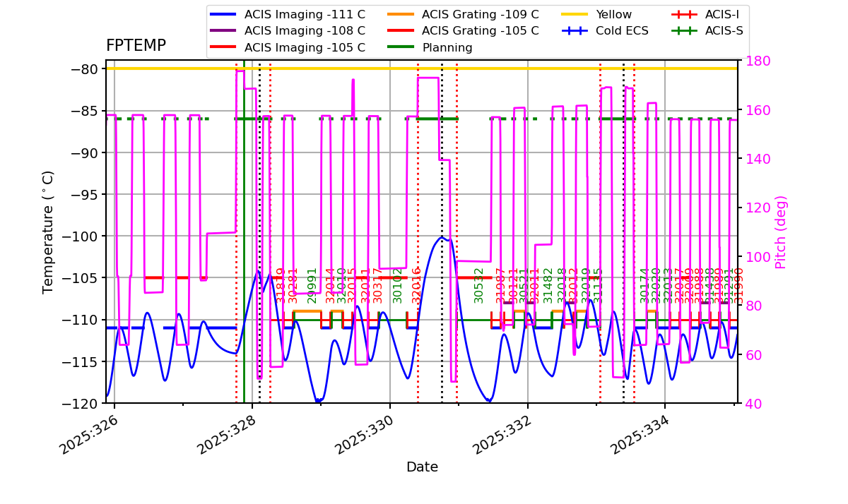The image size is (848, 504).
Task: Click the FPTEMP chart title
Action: coord(136,46)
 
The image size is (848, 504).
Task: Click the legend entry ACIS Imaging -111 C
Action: coord(305,14)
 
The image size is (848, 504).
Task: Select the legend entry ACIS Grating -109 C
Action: coord(480,14)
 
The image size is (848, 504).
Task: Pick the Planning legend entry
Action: coord(447,48)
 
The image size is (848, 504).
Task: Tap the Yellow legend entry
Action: coord(613,14)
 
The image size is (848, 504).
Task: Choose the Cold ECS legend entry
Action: coord(623,31)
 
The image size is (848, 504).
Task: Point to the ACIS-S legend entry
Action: coord(724,31)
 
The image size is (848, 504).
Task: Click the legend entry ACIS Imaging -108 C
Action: coord(305,31)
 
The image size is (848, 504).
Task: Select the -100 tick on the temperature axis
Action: coord(86,236)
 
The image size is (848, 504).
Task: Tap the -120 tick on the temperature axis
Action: coord(86,404)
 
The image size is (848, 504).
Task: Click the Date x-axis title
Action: coord(422,467)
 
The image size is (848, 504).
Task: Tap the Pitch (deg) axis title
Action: coord(781,232)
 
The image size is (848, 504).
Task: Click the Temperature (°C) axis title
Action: coord(48,232)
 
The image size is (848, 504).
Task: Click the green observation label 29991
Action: coord(312,285)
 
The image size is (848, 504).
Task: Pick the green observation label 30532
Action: coord(479,285)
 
